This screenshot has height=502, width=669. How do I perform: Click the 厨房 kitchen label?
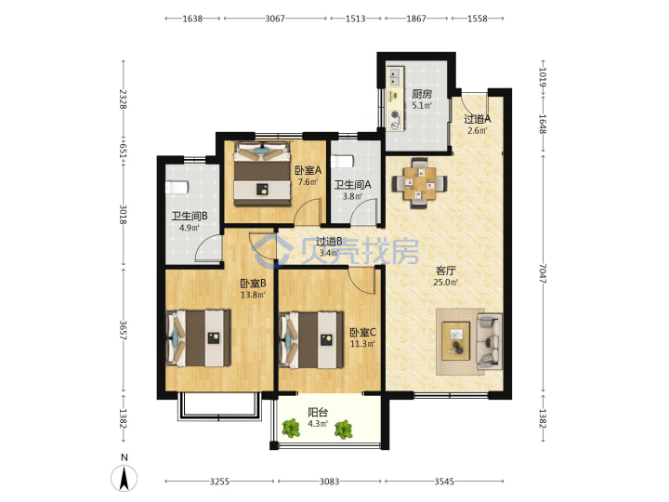[x=422, y=94]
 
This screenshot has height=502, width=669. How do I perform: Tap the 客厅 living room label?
[x=446, y=271]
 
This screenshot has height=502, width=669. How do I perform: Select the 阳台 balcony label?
[x=318, y=413]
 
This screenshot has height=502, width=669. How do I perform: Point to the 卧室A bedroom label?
[x=308, y=171]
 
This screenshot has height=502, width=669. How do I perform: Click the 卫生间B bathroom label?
[x=190, y=216]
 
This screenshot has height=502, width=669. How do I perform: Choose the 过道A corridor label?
[x=478, y=119]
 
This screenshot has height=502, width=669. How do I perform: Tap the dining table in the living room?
[x=420, y=183]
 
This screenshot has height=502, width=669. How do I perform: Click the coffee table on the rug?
[x=455, y=341]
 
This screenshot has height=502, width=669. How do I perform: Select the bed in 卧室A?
[x=262, y=174]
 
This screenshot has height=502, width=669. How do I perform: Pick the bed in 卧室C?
[x=311, y=340]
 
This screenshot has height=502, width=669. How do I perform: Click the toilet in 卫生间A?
[x=343, y=162]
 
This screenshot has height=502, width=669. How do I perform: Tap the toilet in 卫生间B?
[x=177, y=187]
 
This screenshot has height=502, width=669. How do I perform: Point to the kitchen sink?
[x=394, y=77]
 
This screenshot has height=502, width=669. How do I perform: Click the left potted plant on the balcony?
[x=291, y=429]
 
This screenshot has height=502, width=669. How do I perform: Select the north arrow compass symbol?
[x=125, y=478]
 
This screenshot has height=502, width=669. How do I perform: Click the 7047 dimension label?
[x=543, y=273]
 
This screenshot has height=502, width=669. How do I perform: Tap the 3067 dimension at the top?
[x=275, y=19]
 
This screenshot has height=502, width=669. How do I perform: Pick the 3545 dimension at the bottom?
[x=444, y=482]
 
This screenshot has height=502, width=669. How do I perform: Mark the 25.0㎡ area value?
[x=446, y=283]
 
